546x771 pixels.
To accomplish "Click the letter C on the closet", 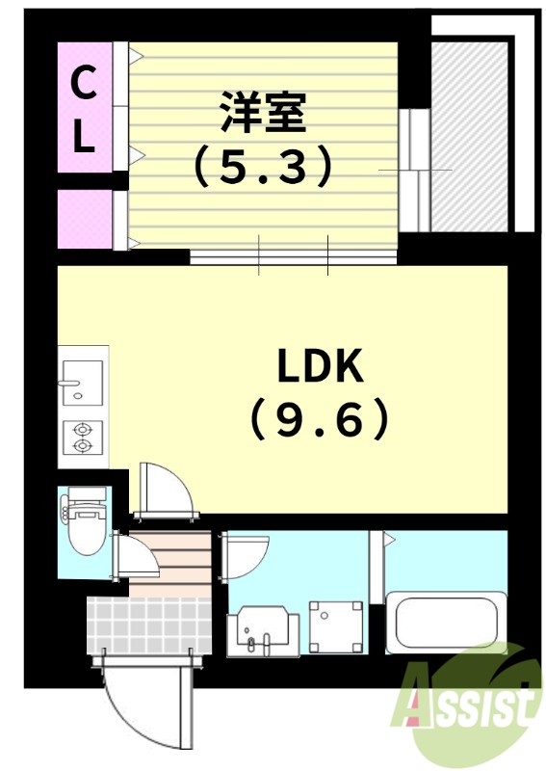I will click(85, 86).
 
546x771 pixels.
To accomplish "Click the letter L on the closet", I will click(85, 138).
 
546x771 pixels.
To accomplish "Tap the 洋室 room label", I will click(262, 114).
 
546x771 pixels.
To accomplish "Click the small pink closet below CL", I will click(85, 220).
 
